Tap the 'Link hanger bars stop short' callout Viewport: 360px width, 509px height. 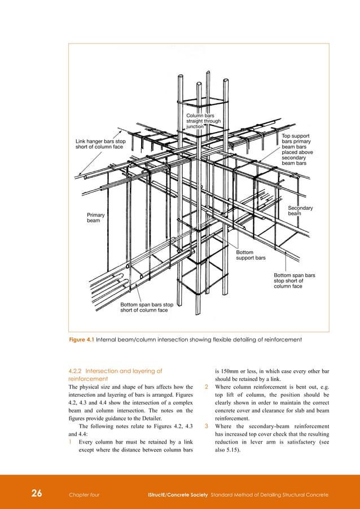100,144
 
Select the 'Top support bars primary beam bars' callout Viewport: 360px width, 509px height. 296,150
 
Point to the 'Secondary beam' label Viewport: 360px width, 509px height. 300,210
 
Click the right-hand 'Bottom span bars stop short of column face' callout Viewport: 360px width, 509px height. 294,280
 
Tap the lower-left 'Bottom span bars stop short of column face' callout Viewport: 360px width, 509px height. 146,308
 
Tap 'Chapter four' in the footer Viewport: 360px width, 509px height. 84,494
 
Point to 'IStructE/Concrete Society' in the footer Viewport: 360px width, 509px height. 177,494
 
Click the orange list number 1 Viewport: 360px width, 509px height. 71,442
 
